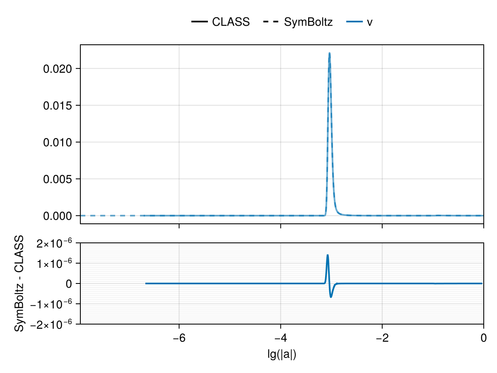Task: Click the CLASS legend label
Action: pyautogui.click(x=231, y=22)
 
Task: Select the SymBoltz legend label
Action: pyautogui.click(x=308, y=22)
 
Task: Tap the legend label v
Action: pyautogui.click(x=369, y=22)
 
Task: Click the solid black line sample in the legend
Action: pyautogui.click(x=199, y=22)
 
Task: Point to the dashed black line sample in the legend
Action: pyautogui.click(x=271, y=22)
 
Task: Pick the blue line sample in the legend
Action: pyautogui.click(x=355, y=22)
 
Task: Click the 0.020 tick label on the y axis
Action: pyautogui.click(x=58, y=69)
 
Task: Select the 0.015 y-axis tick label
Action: pyautogui.click(x=58, y=106)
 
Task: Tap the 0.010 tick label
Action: pyautogui.click(x=58, y=143)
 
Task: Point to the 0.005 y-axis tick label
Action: pyautogui.click(x=58, y=179)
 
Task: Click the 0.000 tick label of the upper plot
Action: pyautogui.click(x=58, y=216)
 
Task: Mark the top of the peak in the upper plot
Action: pyautogui.click(x=329, y=53)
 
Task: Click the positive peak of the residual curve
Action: pyautogui.click(x=328, y=255)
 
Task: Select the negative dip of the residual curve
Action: pyautogui.click(x=331, y=297)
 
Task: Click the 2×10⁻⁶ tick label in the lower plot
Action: pyautogui.click(x=54, y=243)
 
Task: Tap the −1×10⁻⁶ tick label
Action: pyautogui.click(x=51, y=304)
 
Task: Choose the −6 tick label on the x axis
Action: pyautogui.click(x=179, y=338)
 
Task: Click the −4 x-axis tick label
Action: pyautogui.click(x=281, y=338)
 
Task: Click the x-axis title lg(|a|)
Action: pyautogui.click(x=282, y=355)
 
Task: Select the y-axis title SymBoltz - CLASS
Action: pyautogui.click(x=19, y=283)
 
